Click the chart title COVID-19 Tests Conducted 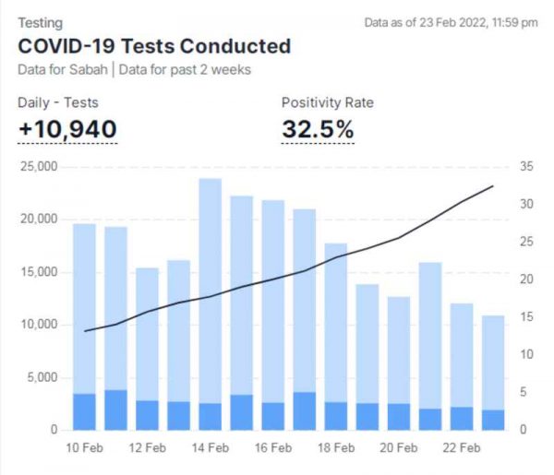154,46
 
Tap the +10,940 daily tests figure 67,130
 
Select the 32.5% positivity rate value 318,130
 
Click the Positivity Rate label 328,102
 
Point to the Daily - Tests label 58,102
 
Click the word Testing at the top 39,22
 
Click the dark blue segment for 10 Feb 85,412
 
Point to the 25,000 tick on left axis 38,167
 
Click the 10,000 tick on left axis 38,325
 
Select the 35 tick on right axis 527,167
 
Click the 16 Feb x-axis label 273,448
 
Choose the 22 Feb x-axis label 461,448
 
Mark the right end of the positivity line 493,186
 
